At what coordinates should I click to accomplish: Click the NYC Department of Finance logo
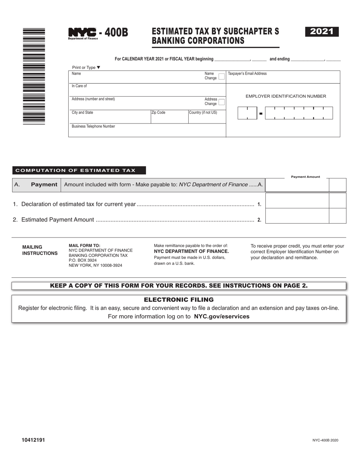coord(82,33)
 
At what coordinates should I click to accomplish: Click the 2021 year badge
coord(322,32)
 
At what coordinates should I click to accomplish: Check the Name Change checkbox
coord(221,76)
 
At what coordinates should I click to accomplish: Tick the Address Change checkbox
coord(222,102)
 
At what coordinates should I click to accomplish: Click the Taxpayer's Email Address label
coord(247,73)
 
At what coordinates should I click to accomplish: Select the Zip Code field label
coord(158,113)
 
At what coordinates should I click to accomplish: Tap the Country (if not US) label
coord(203,113)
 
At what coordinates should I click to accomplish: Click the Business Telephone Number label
coord(93,127)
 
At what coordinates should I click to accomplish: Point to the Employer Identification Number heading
coord(286,96)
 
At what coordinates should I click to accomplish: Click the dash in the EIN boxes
coord(261,114)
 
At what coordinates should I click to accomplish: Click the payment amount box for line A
coord(297,185)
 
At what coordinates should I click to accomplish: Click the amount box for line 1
coord(297,200)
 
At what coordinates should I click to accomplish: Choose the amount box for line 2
coord(297,216)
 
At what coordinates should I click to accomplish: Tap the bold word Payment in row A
coord(44,185)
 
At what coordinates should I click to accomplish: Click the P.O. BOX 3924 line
coord(83,260)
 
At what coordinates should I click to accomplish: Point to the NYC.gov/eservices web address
coord(222,316)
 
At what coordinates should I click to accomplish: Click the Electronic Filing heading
coord(179,300)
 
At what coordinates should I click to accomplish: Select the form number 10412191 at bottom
coord(33,440)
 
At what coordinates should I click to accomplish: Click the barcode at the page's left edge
coord(34,76)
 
